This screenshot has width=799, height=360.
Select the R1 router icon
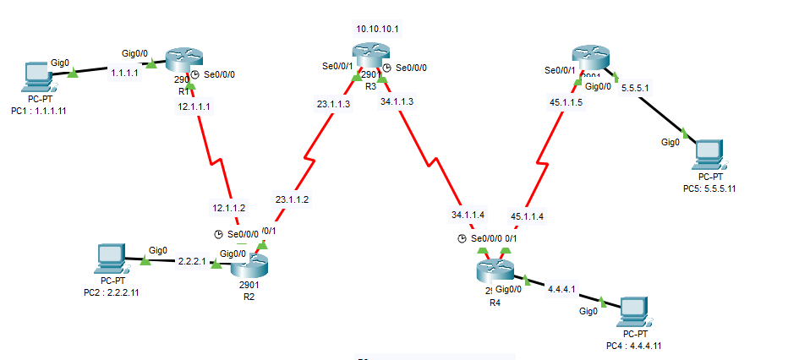(x=181, y=60)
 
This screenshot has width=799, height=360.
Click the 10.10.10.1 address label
(x=377, y=29)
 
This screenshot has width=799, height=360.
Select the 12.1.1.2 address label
(x=228, y=207)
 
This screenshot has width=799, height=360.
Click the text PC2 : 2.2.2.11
(x=111, y=292)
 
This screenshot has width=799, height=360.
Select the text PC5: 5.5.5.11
(x=709, y=188)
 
